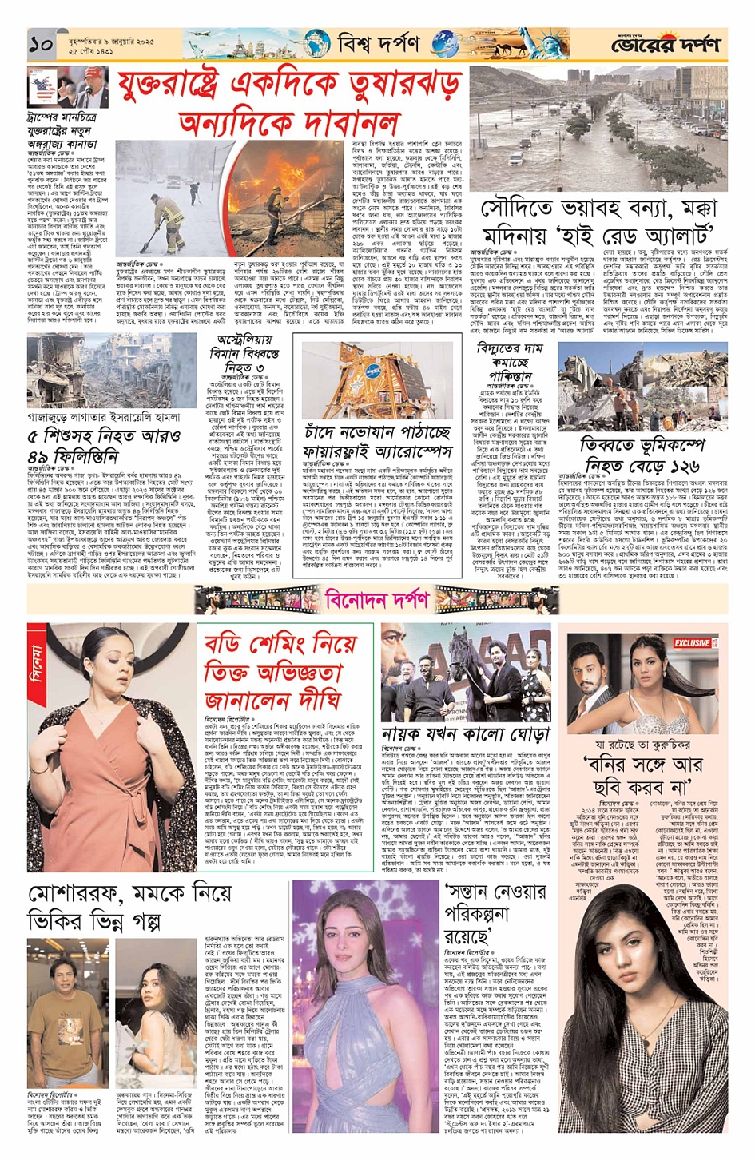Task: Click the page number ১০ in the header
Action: point(41,45)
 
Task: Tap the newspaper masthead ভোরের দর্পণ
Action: point(666,46)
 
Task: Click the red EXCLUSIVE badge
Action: point(692,642)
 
